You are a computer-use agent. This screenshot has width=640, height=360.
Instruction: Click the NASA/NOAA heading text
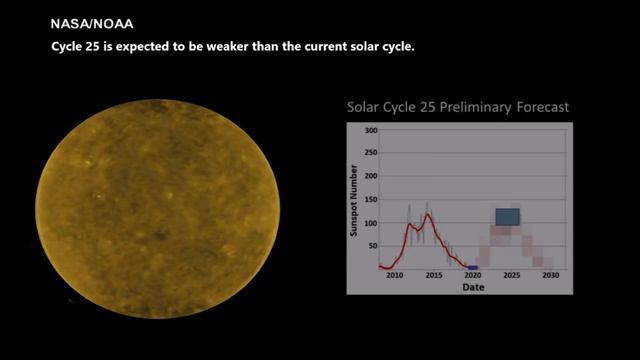pyautogui.click(x=92, y=24)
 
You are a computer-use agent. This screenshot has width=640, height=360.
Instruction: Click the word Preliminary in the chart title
pyautogui.click(x=475, y=107)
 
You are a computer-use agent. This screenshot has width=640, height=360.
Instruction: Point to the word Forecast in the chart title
pyautogui.click(x=542, y=107)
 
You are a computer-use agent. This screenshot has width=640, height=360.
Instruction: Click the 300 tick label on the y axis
pyautogui.click(x=371, y=130)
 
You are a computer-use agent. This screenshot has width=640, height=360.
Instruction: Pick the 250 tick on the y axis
pyautogui.click(x=371, y=153)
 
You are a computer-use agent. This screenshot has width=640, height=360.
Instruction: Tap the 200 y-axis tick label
pyautogui.click(x=371, y=176)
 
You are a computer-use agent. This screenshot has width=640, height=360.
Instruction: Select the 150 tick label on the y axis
pyautogui.click(x=371, y=200)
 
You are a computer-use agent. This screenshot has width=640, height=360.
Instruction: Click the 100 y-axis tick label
pyautogui.click(x=371, y=223)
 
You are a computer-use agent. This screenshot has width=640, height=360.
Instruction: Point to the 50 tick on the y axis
pyautogui.click(x=373, y=246)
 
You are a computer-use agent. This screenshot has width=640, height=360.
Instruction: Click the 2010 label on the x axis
pyautogui.click(x=395, y=276)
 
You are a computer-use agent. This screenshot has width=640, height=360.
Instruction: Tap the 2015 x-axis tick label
pyautogui.click(x=434, y=276)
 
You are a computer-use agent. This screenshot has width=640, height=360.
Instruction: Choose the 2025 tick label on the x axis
pyautogui.click(x=512, y=276)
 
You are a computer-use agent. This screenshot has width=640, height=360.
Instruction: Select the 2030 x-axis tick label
pyautogui.click(x=551, y=276)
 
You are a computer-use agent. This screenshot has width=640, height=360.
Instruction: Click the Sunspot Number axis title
pyautogui.click(x=353, y=200)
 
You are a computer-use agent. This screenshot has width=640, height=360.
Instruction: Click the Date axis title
pyautogui.click(x=473, y=287)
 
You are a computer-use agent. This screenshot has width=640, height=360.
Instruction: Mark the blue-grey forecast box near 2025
pyautogui.click(x=508, y=217)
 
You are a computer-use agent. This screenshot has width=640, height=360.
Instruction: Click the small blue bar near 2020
pyautogui.click(x=473, y=268)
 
